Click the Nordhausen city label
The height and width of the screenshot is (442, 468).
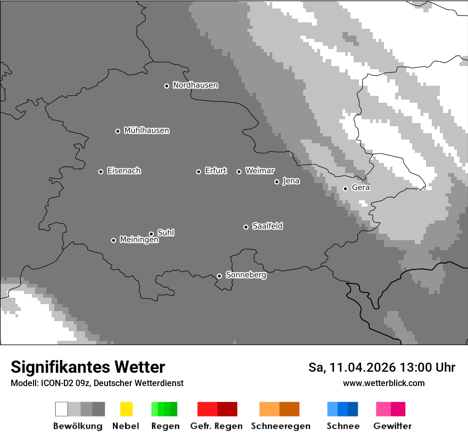[x=195, y=85]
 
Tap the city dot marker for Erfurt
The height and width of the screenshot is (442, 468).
[x=198, y=171]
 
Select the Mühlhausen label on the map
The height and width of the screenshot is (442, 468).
[x=146, y=130]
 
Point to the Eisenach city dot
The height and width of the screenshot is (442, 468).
[x=101, y=171]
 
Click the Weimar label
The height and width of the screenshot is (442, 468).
[x=260, y=171]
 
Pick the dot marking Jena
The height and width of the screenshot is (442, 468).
[x=277, y=182]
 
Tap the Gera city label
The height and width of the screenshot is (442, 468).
[x=361, y=188]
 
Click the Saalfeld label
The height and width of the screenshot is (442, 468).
[x=267, y=226]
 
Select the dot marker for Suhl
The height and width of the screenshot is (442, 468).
[x=151, y=234]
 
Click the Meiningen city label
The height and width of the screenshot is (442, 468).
[x=139, y=240]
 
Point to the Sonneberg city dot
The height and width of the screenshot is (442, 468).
[x=219, y=276]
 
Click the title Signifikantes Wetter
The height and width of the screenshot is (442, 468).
[x=88, y=367]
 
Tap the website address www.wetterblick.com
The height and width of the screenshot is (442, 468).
[x=383, y=383]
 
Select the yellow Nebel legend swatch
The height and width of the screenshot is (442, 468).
[x=126, y=409]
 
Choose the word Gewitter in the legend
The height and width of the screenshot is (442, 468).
[x=392, y=426]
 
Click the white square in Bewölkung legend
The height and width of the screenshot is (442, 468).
[x=62, y=409]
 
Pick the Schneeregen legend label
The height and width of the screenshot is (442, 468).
[x=279, y=426]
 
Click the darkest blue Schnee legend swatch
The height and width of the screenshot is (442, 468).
[x=353, y=409]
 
